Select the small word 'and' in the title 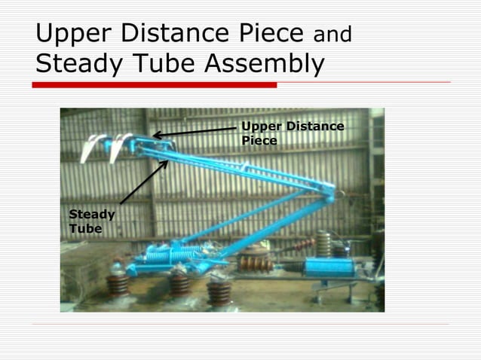coord(332,35)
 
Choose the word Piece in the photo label coord(259,140)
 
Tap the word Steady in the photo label coord(92,215)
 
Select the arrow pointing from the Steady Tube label coord(143,181)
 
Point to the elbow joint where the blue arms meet coord(329,195)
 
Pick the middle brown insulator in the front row coord(179,285)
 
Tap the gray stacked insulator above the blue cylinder coord(323,243)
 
